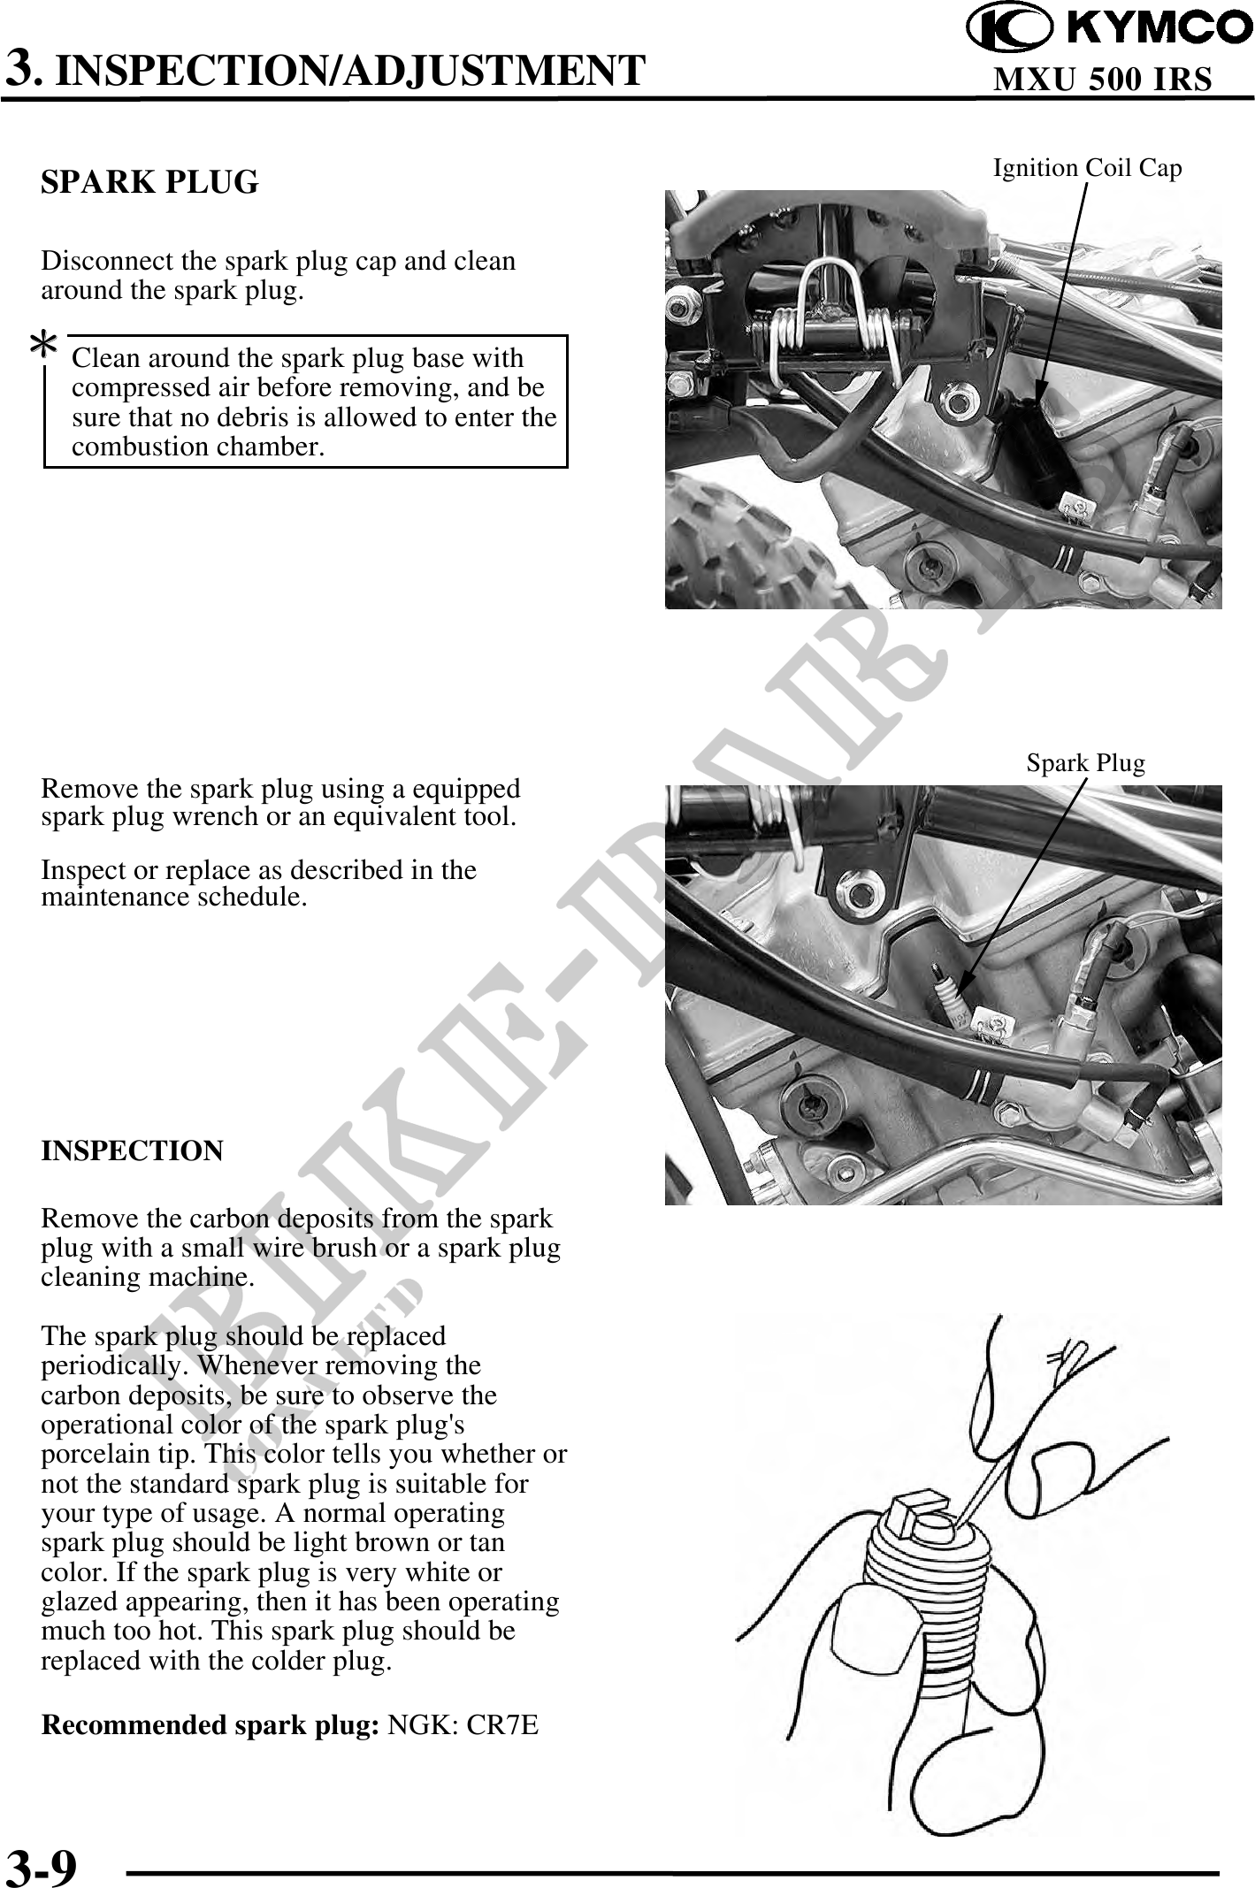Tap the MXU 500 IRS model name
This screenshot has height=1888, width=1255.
pos(1102,80)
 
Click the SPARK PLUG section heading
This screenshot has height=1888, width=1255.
pos(149,182)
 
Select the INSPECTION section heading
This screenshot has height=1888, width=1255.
pos(132,1150)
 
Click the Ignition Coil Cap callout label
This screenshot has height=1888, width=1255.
pos(1087,167)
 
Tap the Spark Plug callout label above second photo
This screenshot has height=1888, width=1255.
pos(1085,762)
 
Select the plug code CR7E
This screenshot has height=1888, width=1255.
pos(501,1724)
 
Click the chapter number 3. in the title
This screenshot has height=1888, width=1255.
pos(21,69)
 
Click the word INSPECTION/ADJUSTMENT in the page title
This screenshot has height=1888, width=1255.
pos(350,70)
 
